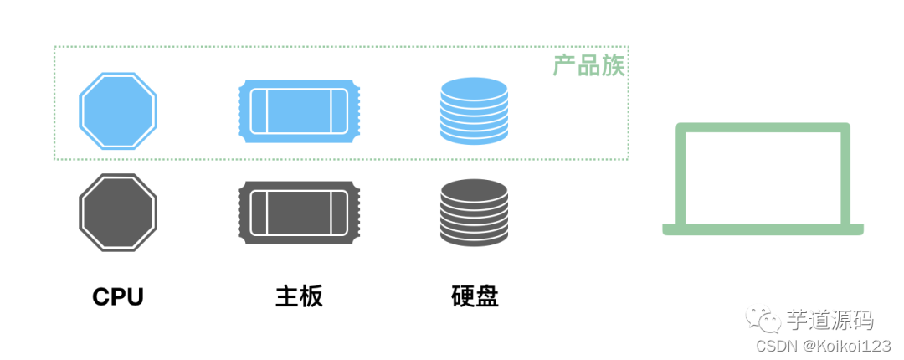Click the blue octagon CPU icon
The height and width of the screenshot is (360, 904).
pos(118,111)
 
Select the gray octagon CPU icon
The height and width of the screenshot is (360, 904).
pos(118,212)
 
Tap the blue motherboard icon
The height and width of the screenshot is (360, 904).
pos(299,111)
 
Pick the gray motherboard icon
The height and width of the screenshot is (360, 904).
pos(299,213)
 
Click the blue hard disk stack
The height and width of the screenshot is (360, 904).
pos(474,111)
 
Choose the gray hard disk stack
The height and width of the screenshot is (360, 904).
pos(474,213)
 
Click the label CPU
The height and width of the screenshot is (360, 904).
pos(118,296)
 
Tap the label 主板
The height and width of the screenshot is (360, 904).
pos(299,296)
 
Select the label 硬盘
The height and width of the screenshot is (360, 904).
pos(475,296)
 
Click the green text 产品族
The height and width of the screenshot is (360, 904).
pos(589,66)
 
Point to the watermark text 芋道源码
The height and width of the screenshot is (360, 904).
pos(830,319)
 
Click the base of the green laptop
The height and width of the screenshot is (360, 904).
pos(763,229)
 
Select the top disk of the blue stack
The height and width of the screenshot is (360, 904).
pos(474,86)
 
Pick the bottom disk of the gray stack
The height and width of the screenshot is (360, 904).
pos(474,237)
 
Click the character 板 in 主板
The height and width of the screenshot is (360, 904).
pos(311,296)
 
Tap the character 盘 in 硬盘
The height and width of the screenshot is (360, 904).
pos(486,296)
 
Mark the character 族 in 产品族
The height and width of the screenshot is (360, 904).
pos(614,66)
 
